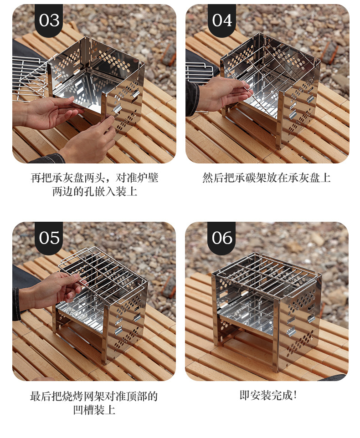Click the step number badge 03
49,20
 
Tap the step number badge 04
222,20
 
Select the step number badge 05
49,238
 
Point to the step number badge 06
222,238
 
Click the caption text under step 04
267,178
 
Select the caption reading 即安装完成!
268,395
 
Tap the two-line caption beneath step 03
94,184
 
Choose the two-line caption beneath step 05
94,402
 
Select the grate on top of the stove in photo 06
267,273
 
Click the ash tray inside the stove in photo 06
246,314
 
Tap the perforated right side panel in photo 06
298,323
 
